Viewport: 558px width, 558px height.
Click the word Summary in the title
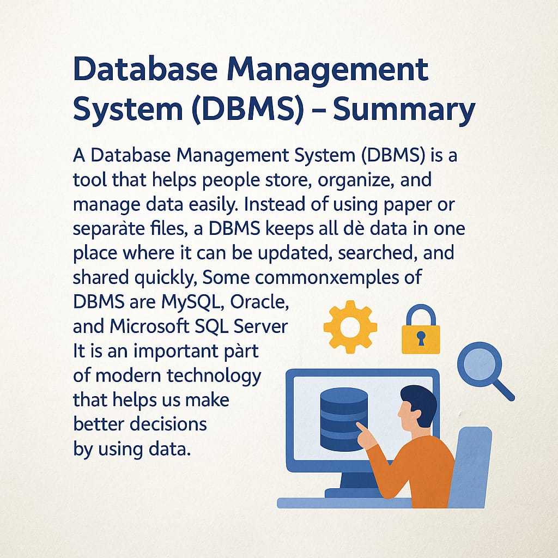pyautogui.click(x=404, y=109)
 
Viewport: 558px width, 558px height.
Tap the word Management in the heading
pyautogui.click(x=327, y=69)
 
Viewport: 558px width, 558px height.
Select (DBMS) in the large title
pyautogui.click(x=248, y=108)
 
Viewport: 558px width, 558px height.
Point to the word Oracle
pyautogui.click(x=259, y=302)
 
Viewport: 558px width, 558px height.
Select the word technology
pyautogui.click(x=214, y=377)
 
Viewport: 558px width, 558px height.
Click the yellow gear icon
pyautogui.click(x=350, y=327)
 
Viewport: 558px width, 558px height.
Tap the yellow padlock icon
pyautogui.click(x=421, y=329)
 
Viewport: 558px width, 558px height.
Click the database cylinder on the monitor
pyautogui.click(x=344, y=420)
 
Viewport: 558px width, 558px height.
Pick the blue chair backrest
pyautogui.click(x=470, y=466)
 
